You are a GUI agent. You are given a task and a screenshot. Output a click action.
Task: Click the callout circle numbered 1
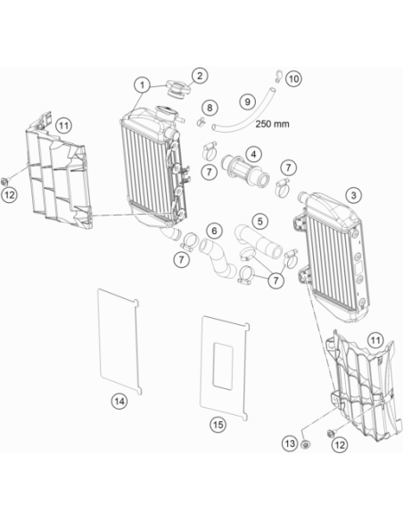(x=143, y=85)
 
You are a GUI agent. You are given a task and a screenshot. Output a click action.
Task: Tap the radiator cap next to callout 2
(x=178, y=89)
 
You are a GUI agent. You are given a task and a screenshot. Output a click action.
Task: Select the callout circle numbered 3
(x=354, y=195)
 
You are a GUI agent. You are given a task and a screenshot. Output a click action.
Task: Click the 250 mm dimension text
(x=272, y=124)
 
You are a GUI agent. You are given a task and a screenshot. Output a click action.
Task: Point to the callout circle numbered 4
(x=254, y=155)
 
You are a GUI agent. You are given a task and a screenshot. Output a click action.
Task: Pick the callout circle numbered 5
(x=260, y=221)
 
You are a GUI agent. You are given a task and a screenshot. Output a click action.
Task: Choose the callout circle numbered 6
(x=214, y=231)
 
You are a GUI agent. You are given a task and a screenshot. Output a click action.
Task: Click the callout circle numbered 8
(x=210, y=108)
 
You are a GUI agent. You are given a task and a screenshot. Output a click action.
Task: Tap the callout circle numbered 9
(x=248, y=102)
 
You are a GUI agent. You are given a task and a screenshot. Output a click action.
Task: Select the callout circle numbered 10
(x=293, y=79)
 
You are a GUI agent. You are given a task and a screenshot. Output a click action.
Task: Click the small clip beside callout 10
(x=278, y=76)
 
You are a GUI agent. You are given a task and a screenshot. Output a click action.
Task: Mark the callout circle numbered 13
(x=290, y=443)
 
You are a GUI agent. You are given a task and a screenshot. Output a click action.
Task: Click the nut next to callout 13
(x=306, y=444)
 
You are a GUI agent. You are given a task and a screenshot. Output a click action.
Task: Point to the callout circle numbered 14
(x=119, y=402)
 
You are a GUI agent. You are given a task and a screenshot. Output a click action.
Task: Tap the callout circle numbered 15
(x=218, y=425)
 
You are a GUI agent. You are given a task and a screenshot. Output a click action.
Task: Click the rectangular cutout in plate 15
(x=222, y=366)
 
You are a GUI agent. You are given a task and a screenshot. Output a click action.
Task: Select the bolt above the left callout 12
(x=5, y=181)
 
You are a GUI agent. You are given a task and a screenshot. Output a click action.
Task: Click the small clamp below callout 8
(x=201, y=122)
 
